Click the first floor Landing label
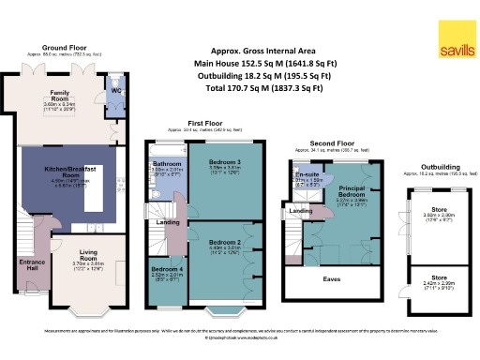tap(169, 222)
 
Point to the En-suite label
tap(305, 174)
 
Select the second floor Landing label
tap(301, 211)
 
